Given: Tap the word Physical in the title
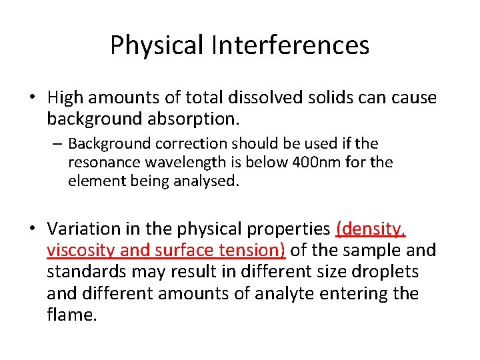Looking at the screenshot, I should (157, 45).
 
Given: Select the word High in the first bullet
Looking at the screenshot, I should (65, 98).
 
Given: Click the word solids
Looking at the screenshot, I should (319, 98).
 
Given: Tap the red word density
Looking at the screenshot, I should (372, 229).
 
